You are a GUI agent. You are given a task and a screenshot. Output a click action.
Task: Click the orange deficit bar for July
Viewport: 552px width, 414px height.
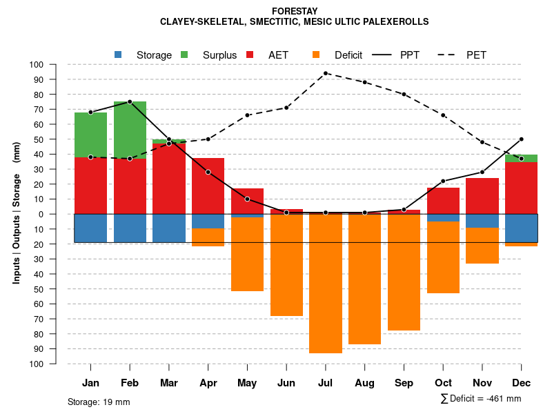click(x=326, y=284)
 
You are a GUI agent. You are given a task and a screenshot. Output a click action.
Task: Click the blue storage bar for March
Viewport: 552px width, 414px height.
click(x=169, y=228)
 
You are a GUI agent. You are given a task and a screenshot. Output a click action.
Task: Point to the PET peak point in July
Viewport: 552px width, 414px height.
click(x=326, y=73)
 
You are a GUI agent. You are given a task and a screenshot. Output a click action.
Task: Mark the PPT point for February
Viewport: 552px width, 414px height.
click(x=130, y=101)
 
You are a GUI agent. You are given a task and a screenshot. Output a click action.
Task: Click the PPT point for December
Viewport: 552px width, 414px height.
click(x=522, y=139)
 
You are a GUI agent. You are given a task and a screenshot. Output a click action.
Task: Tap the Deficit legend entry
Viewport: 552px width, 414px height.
click(x=337, y=55)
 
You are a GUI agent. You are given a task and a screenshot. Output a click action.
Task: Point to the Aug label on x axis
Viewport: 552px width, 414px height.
click(x=364, y=383)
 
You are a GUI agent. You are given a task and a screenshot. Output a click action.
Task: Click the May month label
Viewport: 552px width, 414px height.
click(x=247, y=383)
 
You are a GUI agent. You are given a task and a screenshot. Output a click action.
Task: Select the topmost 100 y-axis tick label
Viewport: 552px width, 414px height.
click(x=37, y=65)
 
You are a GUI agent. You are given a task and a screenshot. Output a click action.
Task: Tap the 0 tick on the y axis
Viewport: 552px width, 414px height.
click(x=41, y=214)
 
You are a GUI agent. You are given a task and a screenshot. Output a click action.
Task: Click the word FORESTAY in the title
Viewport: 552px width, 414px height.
click(x=295, y=11)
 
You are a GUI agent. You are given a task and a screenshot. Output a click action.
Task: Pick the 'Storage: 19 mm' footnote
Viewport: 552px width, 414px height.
click(x=99, y=402)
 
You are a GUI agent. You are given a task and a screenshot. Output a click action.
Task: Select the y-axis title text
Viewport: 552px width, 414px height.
click(x=17, y=214)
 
